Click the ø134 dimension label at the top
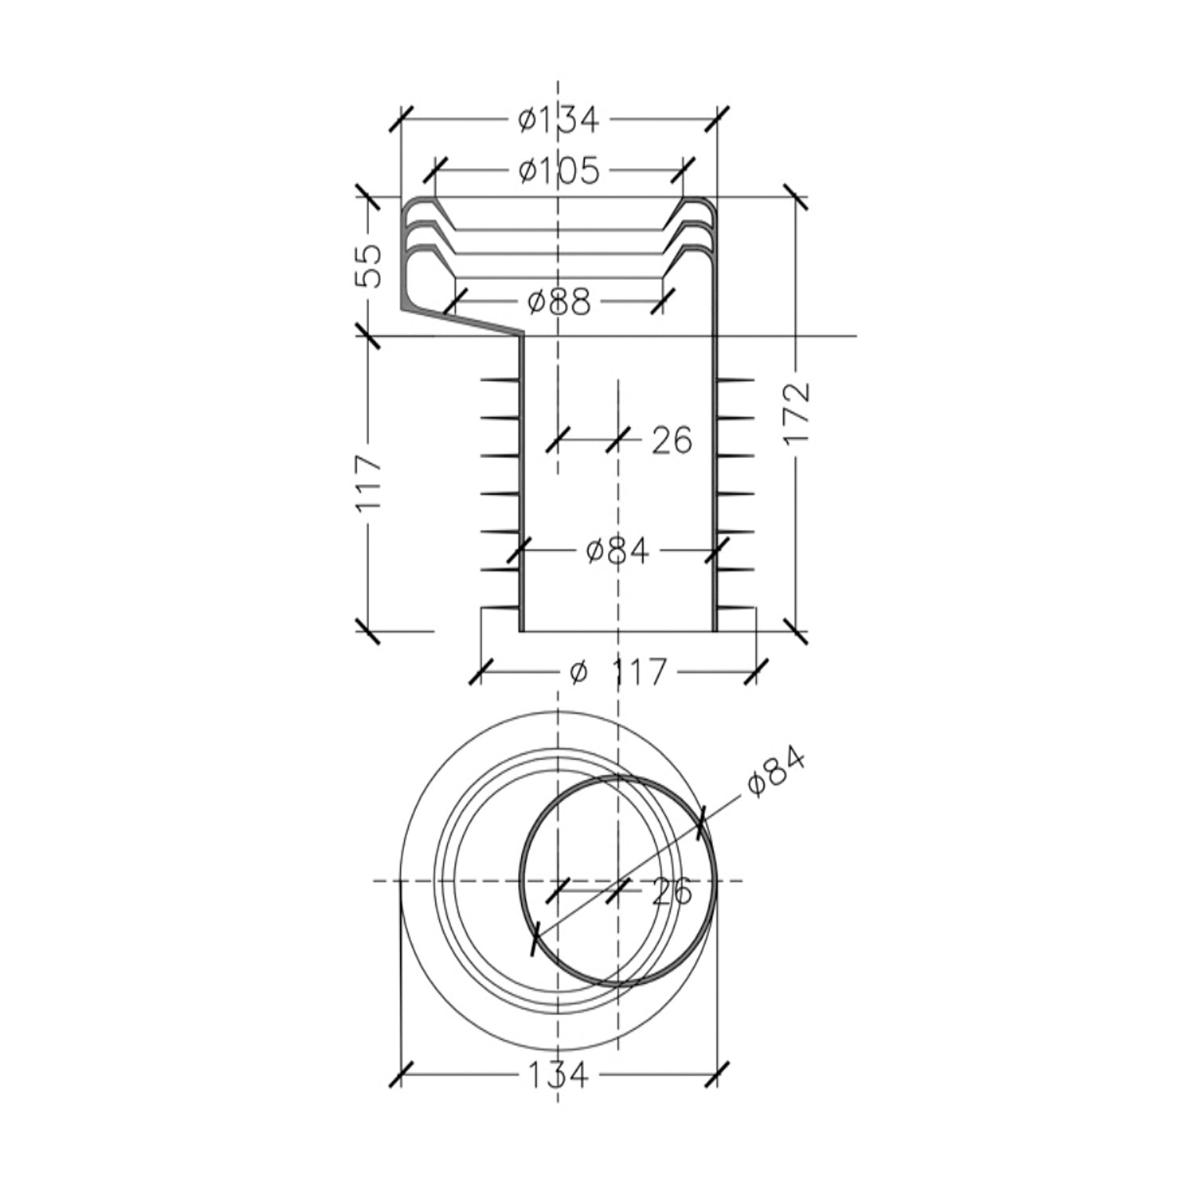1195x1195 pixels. (x=558, y=120)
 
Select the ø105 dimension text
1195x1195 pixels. (x=558, y=170)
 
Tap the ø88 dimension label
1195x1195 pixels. (x=558, y=302)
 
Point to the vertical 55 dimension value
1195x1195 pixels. (x=369, y=266)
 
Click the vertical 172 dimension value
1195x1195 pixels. (x=797, y=413)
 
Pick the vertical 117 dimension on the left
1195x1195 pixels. (x=369, y=484)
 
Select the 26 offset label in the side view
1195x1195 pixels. (x=672, y=440)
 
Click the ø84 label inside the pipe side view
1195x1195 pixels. (x=617, y=550)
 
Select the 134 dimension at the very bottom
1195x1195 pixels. (x=558, y=1075)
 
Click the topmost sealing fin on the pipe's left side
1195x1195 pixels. (x=500, y=379)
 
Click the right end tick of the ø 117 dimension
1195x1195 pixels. (x=754, y=672)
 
